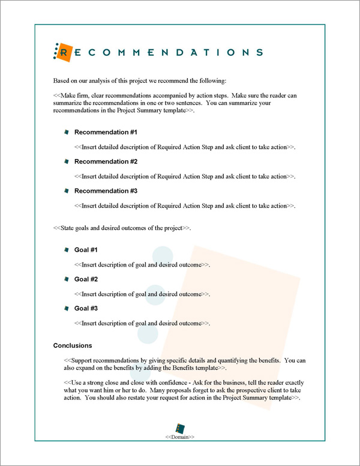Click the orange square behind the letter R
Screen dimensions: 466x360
(x=64, y=53)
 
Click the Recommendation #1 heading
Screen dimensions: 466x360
(x=106, y=132)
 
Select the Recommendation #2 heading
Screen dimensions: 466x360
(x=106, y=162)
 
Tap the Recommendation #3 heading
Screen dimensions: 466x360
(x=106, y=191)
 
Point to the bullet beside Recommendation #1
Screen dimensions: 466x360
(x=67, y=132)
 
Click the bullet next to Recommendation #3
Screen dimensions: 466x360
(x=67, y=191)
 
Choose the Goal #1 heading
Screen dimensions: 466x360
(x=86, y=250)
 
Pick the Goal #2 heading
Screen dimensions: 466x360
(x=86, y=279)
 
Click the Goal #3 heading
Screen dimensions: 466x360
(x=86, y=309)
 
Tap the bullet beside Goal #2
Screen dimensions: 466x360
(x=67, y=279)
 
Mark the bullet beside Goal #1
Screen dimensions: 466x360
(x=67, y=250)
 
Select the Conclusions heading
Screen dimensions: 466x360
(x=73, y=345)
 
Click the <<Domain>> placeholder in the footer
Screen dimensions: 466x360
(x=180, y=437)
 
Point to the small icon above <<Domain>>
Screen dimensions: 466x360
(x=180, y=427)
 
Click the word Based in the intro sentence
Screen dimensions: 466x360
(x=62, y=80)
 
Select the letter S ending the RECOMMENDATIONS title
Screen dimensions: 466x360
(x=259, y=53)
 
